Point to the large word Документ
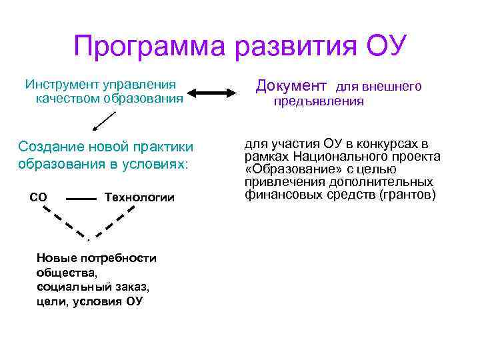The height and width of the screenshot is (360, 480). point(291,86)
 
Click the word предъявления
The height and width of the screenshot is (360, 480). point(319,101)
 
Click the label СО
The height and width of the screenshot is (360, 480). point(38,197)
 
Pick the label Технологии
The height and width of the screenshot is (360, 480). point(139,197)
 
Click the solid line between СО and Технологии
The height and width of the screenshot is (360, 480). point(82,199)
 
